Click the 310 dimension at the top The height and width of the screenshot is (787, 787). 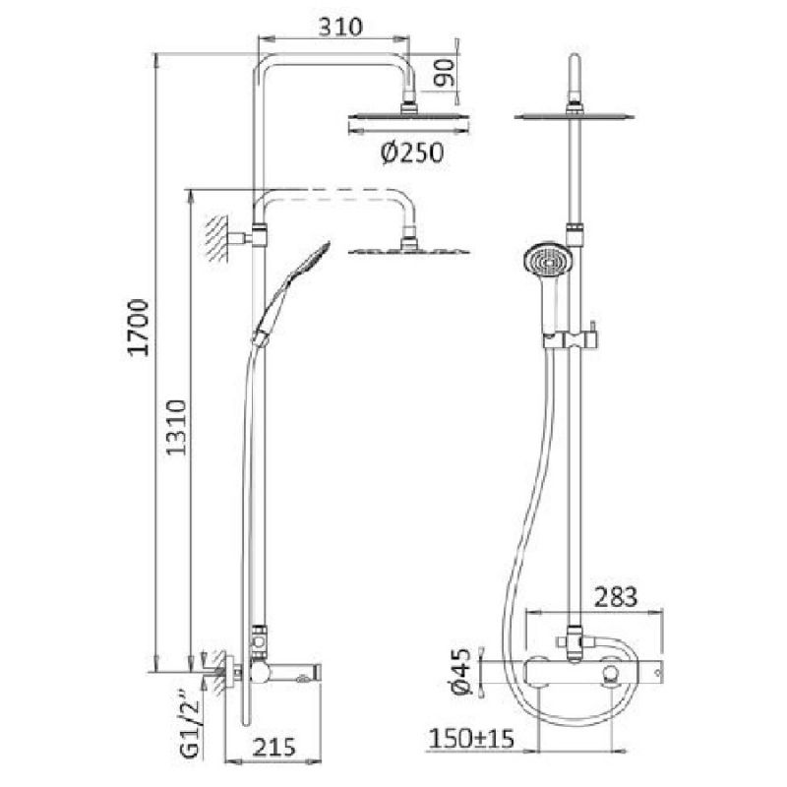[x=340, y=27]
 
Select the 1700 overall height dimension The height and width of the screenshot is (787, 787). [x=138, y=328]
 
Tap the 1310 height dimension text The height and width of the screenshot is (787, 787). [x=177, y=427]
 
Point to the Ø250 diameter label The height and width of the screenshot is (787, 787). [x=412, y=153]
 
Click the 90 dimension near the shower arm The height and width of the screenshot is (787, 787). [x=445, y=73]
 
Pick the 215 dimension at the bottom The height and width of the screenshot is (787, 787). [x=273, y=748]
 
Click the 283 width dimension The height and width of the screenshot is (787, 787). [x=616, y=597]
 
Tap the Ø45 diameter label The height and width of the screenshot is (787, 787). [x=461, y=671]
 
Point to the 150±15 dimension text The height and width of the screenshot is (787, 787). [x=472, y=739]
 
